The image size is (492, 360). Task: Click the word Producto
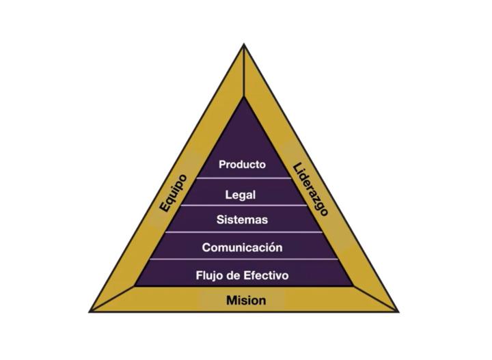tap(242, 165)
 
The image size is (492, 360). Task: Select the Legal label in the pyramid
tap(241, 195)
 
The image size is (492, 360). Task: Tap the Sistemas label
tap(242, 220)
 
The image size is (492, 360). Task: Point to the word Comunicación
tap(242, 247)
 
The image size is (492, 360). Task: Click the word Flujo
tap(209, 276)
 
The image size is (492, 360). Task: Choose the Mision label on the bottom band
tap(246, 301)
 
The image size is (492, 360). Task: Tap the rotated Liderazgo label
tap(311, 189)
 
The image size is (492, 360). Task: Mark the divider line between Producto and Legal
tap(243, 179)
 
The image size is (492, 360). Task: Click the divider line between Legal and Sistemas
tap(243, 206)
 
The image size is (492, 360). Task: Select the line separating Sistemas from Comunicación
tap(243, 232)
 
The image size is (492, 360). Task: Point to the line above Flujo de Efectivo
tap(243, 260)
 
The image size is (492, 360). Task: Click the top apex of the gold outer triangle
tap(244, 46)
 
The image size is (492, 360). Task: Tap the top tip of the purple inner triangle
tap(244, 97)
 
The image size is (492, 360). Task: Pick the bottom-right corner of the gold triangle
tap(397, 311)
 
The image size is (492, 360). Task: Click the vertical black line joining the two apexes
tap(244, 72)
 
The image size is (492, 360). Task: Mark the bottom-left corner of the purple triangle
tap(135, 285)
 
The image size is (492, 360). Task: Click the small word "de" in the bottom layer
tap(235, 276)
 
